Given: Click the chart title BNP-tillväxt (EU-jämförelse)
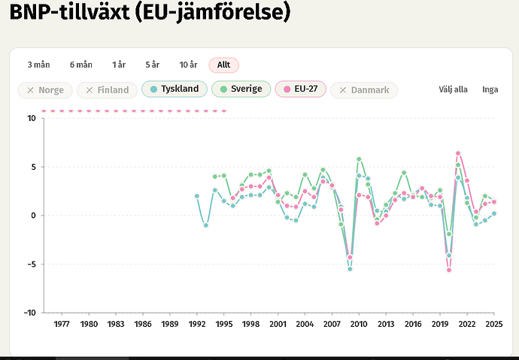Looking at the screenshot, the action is point(150,13).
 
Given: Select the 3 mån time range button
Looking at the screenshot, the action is point(38,65).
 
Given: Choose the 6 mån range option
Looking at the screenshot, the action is point(81,65).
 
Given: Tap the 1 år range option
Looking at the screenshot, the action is point(119,65).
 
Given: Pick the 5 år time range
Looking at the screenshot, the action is point(153,65).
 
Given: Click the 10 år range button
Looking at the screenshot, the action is point(188,65).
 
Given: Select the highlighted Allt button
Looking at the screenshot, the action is point(223,65).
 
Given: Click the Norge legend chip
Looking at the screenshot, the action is point(45,90).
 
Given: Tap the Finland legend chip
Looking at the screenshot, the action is point(107,90).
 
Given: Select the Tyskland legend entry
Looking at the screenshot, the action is point(175,89).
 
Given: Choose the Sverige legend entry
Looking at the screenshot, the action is point(241,89).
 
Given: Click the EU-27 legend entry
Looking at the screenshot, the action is point(301,89).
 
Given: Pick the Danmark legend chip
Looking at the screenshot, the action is point(364,90).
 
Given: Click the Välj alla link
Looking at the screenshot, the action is point(453,89).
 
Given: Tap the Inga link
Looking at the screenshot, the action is point(490,89).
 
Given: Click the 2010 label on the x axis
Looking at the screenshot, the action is point(359,324).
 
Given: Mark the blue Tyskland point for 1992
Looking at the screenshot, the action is point(197,196).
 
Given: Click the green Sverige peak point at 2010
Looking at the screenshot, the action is point(359,159).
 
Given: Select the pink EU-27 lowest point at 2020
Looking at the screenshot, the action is point(449,270).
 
